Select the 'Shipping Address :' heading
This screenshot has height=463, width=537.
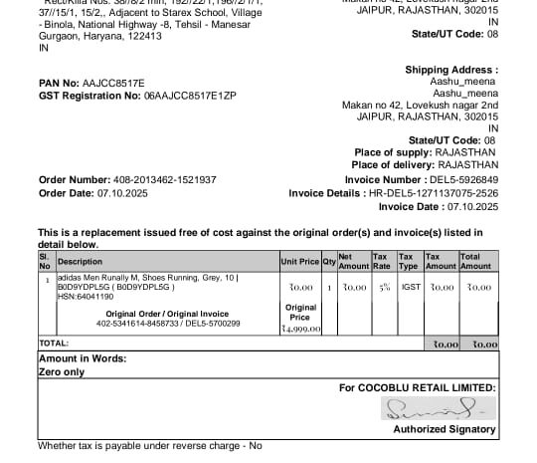tap(450, 70)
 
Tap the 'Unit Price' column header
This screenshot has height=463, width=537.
tap(299, 262)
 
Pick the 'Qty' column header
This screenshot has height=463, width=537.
tap(328, 262)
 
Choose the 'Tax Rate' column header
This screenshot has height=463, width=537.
tap(382, 262)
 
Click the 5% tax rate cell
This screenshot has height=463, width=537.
tap(383, 287)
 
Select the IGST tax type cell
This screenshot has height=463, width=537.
tap(410, 287)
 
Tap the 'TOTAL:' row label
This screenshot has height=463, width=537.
tap(55, 343)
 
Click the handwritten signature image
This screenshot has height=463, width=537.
tap(435, 408)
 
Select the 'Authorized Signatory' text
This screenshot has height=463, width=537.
tap(445, 429)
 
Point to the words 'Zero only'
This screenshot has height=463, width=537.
tap(61, 370)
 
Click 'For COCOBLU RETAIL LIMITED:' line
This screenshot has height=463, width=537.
tap(417, 387)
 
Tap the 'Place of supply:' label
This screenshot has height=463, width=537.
tap(393, 152)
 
